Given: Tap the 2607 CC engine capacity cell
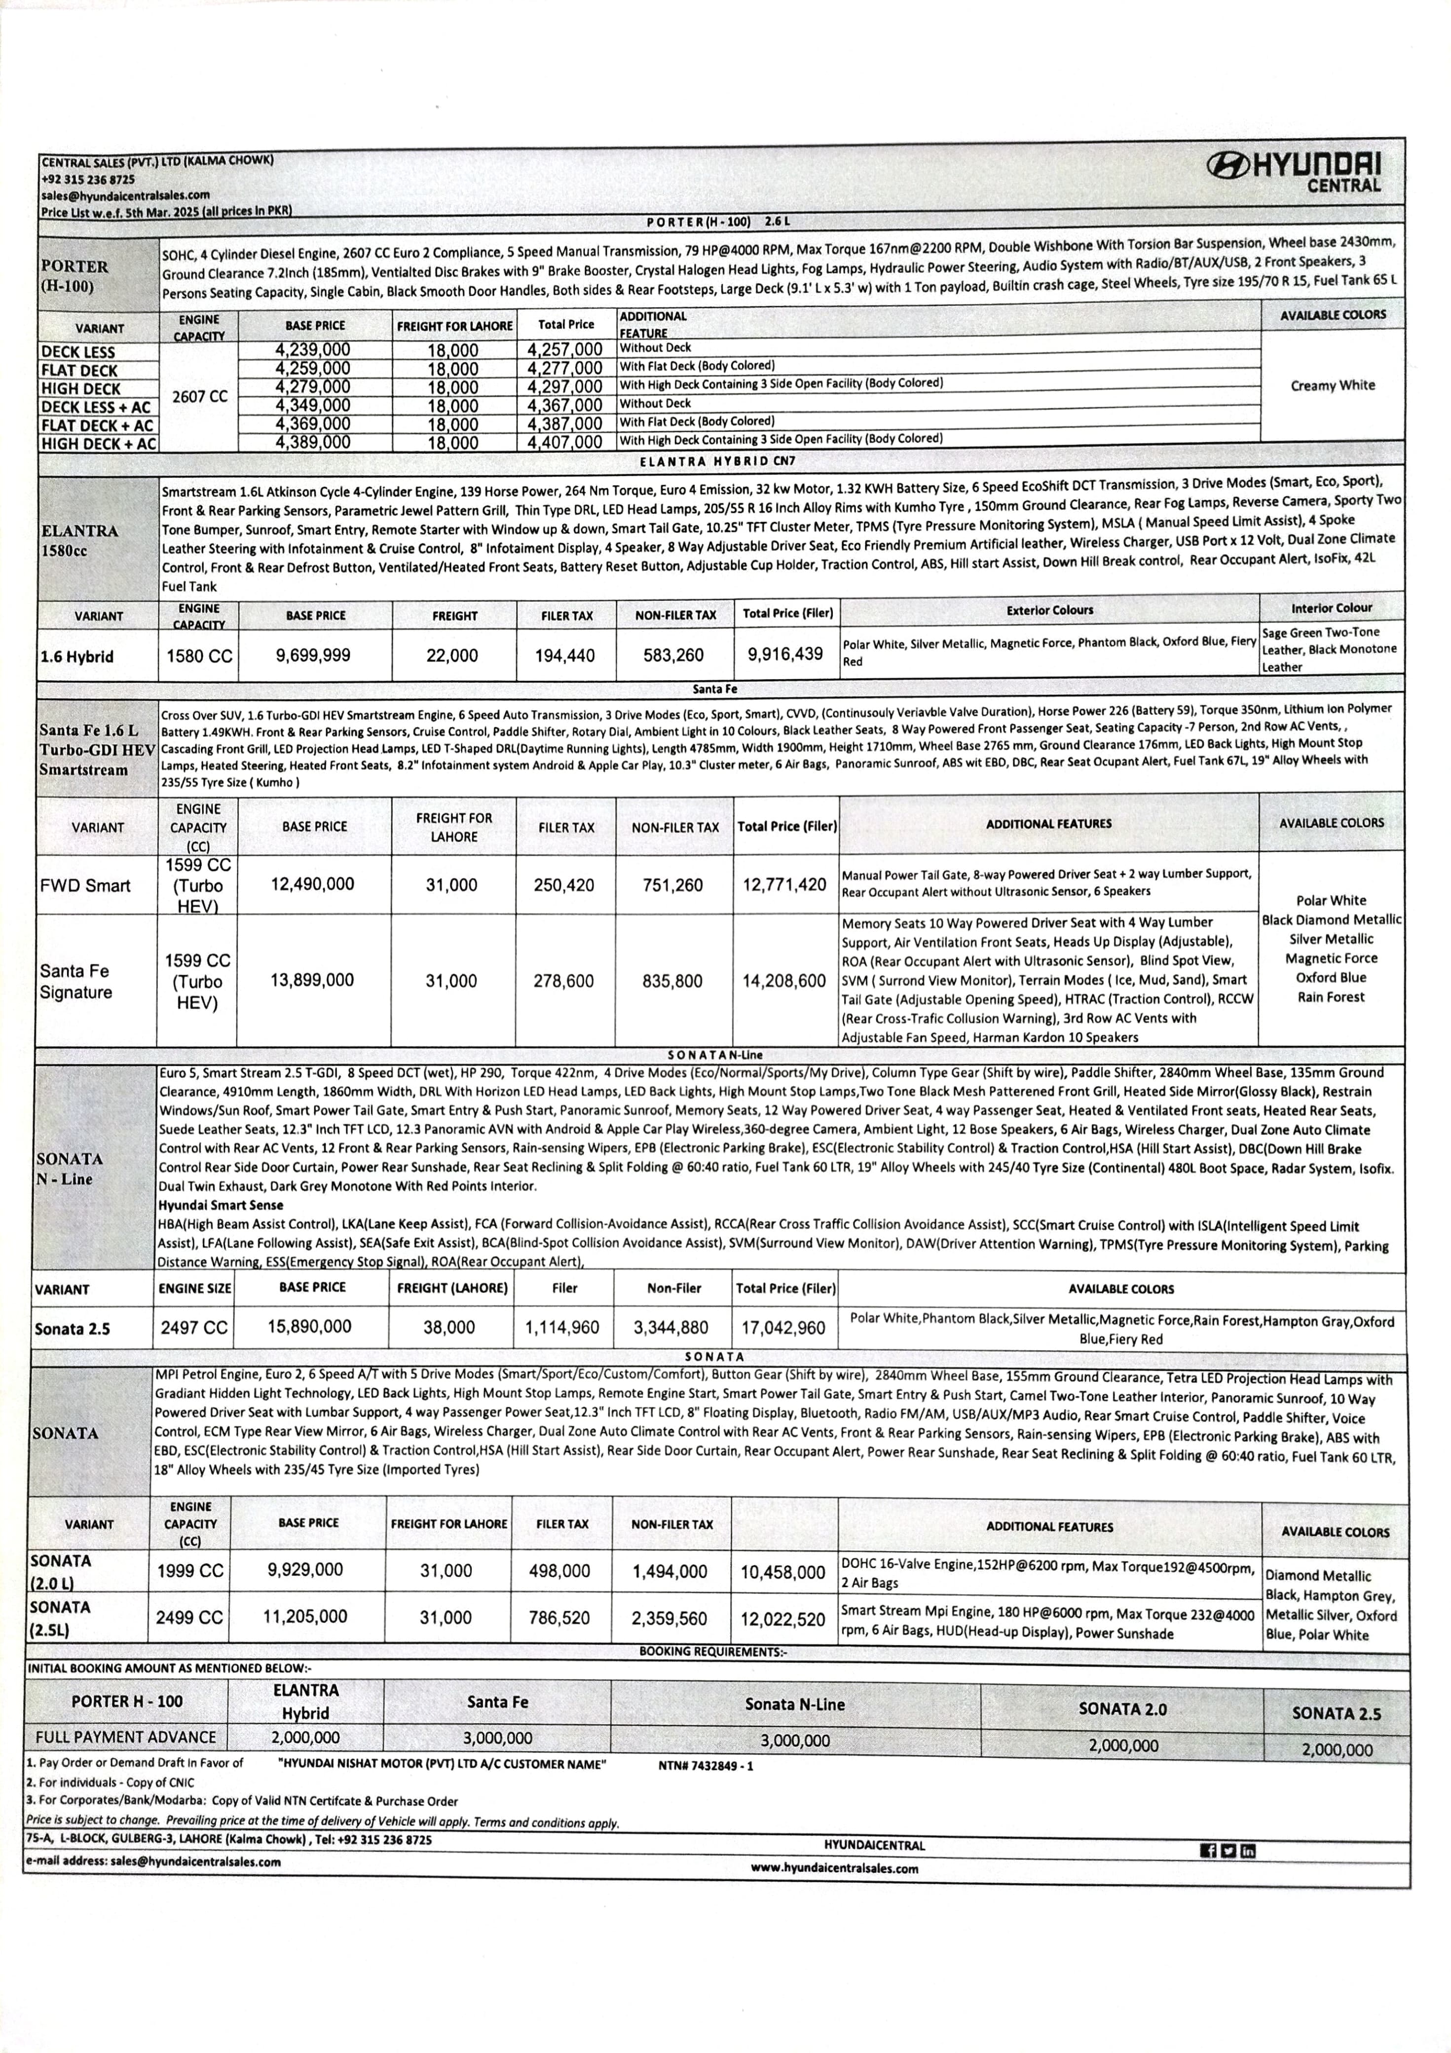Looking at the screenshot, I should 199,396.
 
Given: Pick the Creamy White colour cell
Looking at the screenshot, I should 1332,385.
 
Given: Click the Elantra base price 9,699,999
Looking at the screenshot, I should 313,655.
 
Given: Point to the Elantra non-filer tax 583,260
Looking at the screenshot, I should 673,655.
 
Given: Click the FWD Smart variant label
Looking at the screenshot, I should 85,885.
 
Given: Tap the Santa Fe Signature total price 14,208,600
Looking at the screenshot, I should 784,981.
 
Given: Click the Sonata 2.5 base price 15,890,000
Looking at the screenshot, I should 309,1326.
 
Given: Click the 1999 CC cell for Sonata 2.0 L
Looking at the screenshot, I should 190,1571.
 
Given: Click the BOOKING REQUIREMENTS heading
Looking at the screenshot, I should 712,1651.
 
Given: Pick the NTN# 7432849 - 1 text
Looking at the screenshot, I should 706,1766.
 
